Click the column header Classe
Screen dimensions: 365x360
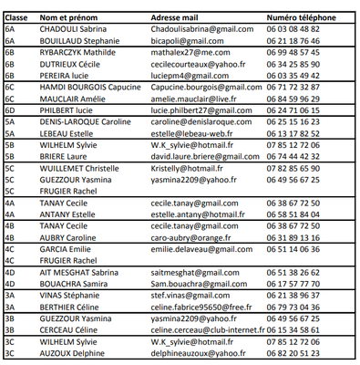coord(17,17)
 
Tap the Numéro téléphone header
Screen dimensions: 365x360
coord(302,17)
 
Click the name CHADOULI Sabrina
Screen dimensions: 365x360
coord(67,29)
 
